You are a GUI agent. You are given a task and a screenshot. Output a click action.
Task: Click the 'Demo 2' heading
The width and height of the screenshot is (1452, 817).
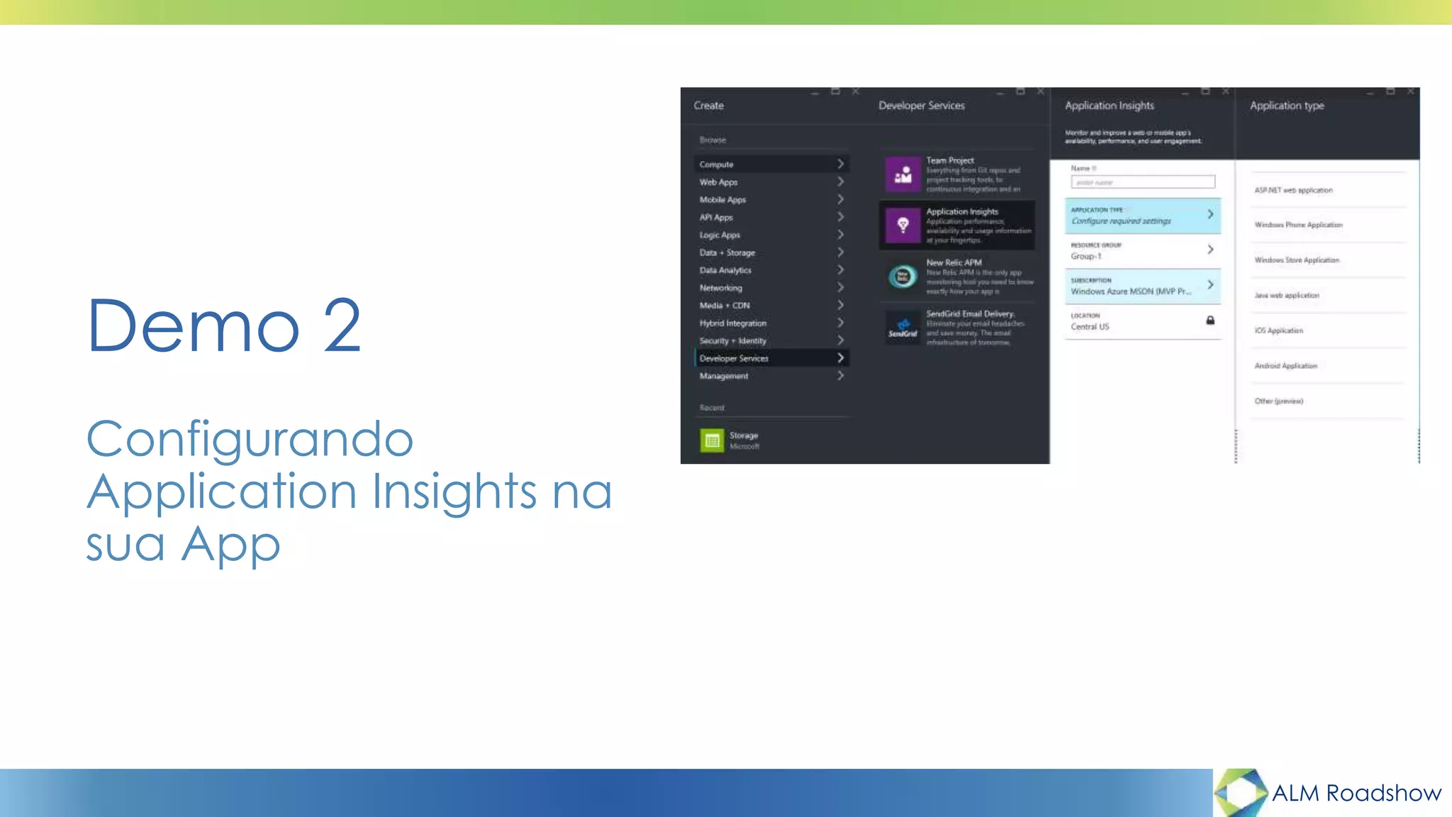[x=224, y=326]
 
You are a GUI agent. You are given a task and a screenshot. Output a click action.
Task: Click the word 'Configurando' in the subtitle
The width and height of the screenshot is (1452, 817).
[x=250, y=439]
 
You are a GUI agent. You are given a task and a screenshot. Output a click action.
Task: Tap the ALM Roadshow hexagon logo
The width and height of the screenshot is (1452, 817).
[x=1240, y=792]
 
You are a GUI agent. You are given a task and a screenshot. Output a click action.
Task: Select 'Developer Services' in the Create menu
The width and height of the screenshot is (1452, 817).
[x=734, y=358]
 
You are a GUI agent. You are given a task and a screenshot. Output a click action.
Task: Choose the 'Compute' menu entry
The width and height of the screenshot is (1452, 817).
[x=717, y=165]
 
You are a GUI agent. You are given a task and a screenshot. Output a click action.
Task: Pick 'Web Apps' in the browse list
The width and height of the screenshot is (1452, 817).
[x=719, y=182]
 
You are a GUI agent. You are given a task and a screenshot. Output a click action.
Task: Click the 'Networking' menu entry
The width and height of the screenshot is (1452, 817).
[x=721, y=288]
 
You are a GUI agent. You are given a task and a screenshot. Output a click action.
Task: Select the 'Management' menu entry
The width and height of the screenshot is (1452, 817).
[x=724, y=376]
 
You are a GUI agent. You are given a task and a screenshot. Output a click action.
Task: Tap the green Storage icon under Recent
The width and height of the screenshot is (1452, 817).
[x=712, y=440]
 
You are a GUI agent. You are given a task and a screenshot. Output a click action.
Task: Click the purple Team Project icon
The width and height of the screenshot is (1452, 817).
[x=903, y=174]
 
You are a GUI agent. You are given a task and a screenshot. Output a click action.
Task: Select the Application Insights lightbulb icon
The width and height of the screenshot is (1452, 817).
[x=903, y=226]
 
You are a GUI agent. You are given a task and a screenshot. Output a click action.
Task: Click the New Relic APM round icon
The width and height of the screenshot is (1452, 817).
[x=903, y=277]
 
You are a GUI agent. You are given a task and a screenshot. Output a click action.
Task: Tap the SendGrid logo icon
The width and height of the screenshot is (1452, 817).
[x=903, y=328]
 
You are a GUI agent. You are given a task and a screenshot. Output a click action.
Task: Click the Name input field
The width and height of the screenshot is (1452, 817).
[x=1143, y=182]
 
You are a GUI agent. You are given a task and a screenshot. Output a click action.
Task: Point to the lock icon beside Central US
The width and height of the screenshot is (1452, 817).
[x=1210, y=321]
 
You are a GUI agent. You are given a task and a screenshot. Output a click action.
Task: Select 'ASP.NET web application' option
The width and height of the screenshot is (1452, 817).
[x=1294, y=190]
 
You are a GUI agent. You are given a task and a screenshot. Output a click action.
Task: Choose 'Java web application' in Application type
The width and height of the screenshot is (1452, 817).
[x=1287, y=295]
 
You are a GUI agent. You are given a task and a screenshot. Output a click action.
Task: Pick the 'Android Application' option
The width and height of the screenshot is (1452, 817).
[x=1286, y=366]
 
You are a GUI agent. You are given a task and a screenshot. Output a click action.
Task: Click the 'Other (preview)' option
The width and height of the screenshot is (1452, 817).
[x=1279, y=401]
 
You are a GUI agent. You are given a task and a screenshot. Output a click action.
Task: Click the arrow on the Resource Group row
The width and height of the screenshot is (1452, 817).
[x=1210, y=250]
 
